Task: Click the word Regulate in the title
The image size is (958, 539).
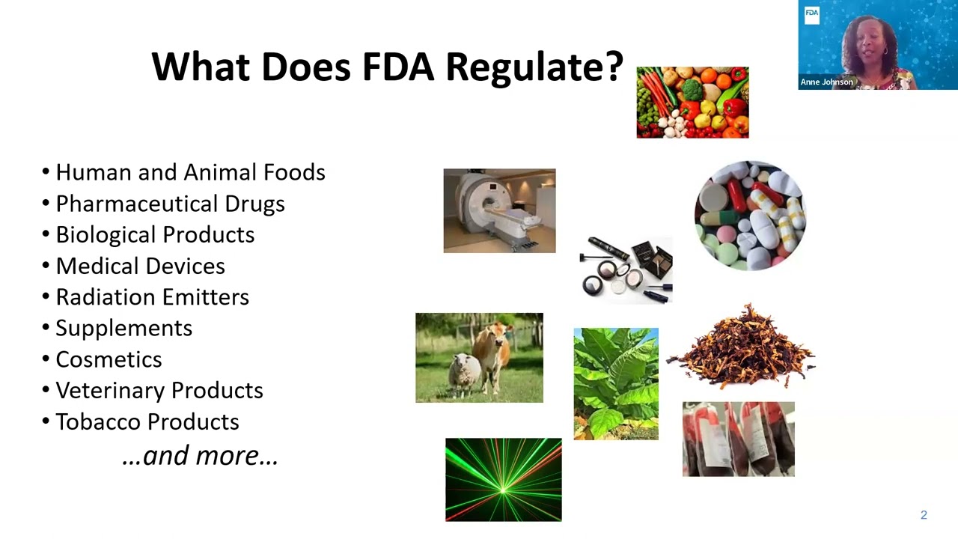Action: click(534, 67)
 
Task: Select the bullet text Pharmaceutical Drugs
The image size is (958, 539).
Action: click(170, 204)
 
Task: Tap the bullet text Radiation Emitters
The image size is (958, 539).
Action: click(152, 297)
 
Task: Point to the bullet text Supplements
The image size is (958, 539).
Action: click(123, 329)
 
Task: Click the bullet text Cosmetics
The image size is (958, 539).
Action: click(109, 359)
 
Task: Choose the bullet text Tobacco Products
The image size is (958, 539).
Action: click(147, 422)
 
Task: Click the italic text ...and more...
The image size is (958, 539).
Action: click(200, 455)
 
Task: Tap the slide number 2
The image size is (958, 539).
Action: click(924, 515)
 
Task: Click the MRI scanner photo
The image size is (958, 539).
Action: click(499, 211)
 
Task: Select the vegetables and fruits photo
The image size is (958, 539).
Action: click(692, 103)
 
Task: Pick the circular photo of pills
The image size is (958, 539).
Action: click(750, 215)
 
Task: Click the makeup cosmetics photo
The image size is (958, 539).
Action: click(626, 269)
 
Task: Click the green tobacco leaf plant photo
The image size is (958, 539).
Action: click(616, 383)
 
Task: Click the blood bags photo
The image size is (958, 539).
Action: click(738, 439)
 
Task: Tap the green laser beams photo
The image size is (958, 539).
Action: click(503, 480)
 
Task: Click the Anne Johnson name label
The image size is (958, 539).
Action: click(826, 82)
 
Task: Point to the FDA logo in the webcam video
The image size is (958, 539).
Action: click(811, 13)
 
